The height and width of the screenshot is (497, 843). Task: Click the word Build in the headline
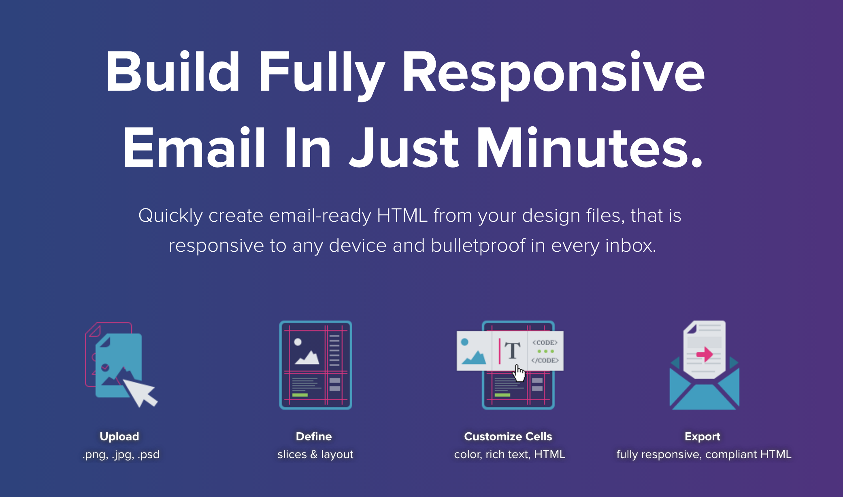(x=173, y=72)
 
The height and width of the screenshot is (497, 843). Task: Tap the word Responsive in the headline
(x=553, y=75)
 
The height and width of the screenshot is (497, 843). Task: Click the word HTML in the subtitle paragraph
(x=402, y=215)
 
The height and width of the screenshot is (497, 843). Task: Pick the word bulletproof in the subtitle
(x=478, y=245)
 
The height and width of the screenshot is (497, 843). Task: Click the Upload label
(x=119, y=436)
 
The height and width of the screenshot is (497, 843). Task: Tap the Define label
(x=314, y=436)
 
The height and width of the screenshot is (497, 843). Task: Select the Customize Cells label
(x=508, y=436)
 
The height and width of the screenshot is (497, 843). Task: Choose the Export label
(x=702, y=436)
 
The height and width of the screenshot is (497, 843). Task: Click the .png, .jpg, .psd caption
(x=121, y=455)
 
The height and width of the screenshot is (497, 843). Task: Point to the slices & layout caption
(x=315, y=455)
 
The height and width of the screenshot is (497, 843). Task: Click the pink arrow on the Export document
(x=705, y=354)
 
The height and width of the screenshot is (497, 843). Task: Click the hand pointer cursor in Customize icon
(x=519, y=373)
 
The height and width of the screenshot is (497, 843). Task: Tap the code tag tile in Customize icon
(x=545, y=351)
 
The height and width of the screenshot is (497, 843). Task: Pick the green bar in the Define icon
(x=300, y=395)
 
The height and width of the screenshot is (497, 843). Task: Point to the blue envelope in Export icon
(x=705, y=389)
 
